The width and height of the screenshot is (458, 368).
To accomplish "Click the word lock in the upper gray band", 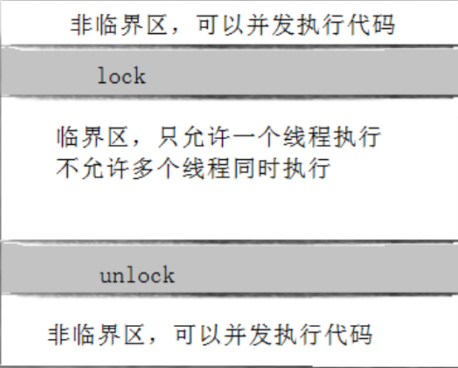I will point(121,75).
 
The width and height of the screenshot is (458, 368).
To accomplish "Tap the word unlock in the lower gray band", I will point(137,275).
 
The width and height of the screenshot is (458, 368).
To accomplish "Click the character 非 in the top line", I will point(81,26).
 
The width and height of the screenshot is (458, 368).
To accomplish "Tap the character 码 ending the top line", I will point(385,26).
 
